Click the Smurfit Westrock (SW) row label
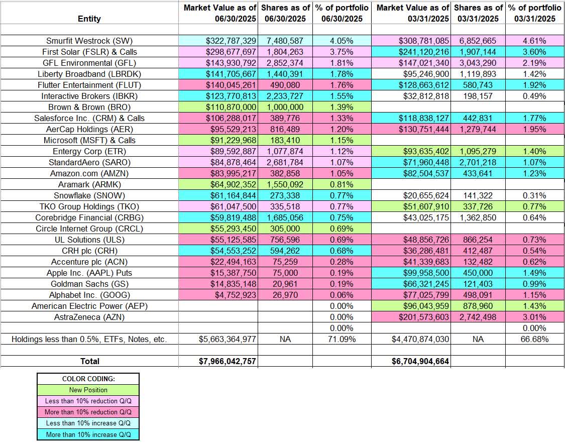pyautogui.click(x=89, y=41)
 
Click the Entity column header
pyautogui.click(x=89, y=19)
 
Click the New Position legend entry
pyautogui.click(x=88, y=390)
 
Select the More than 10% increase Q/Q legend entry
pyautogui.click(x=88, y=434)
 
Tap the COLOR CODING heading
pyautogui.click(x=88, y=379)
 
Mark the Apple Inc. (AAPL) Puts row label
pyautogui.click(x=89, y=273)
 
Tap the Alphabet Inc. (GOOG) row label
pyautogui.click(x=89, y=295)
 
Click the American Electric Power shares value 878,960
pyautogui.click(x=478, y=306)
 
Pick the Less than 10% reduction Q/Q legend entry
pyautogui.click(x=88, y=401)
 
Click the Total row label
pyautogui.click(x=89, y=361)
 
